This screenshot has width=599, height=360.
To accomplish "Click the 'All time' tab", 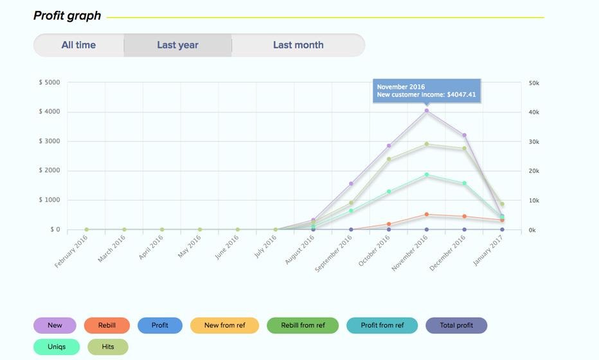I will pyautogui.click(x=78, y=45).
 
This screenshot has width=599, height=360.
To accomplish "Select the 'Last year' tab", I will pyautogui.click(x=177, y=45).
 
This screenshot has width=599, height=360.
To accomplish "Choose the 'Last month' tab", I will pyautogui.click(x=298, y=45).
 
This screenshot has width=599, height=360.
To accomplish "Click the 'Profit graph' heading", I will pyautogui.click(x=67, y=15).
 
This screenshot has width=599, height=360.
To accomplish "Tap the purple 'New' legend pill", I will pyautogui.click(x=55, y=325).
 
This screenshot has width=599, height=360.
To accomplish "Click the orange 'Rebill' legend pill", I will pyautogui.click(x=107, y=325).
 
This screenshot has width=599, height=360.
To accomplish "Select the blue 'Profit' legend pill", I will pyautogui.click(x=160, y=325).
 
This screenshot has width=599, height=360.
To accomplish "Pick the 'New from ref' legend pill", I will pyautogui.click(x=224, y=325).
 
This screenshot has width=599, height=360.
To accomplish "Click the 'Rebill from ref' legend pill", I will pyautogui.click(x=303, y=325).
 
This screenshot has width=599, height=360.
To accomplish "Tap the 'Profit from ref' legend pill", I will pyautogui.click(x=382, y=325).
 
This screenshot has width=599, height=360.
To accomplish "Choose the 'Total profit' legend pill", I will pyautogui.click(x=456, y=325).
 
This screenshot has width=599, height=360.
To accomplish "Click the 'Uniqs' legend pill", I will pyautogui.click(x=57, y=346).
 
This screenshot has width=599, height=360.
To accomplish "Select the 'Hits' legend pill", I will pyautogui.click(x=108, y=346).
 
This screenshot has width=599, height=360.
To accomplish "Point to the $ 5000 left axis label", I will pyautogui.click(x=49, y=82).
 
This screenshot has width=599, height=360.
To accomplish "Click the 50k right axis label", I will pyautogui.click(x=534, y=83).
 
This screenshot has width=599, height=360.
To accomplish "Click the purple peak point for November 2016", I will pyautogui.click(x=426, y=111).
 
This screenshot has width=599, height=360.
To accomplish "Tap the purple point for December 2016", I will pyautogui.click(x=464, y=136).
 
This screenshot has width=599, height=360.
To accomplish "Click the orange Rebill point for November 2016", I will pyautogui.click(x=426, y=215).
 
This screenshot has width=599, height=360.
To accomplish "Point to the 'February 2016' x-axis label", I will pyautogui.click(x=71, y=251).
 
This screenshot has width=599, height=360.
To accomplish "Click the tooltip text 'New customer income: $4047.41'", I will pyautogui.click(x=426, y=94).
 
